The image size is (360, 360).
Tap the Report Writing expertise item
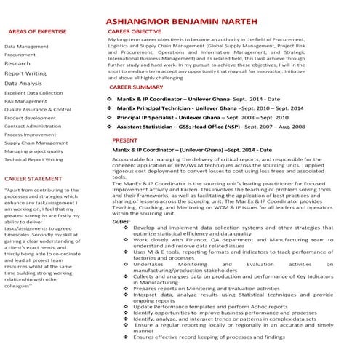click(x=25, y=73)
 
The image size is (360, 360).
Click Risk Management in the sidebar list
click(x=26, y=102)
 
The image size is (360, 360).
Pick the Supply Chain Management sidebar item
click(x=36, y=143)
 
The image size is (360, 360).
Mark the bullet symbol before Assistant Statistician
click(x=108, y=126)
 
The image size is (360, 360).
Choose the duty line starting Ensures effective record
click(x=213, y=337)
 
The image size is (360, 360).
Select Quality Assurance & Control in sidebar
click(x=38, y=110)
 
